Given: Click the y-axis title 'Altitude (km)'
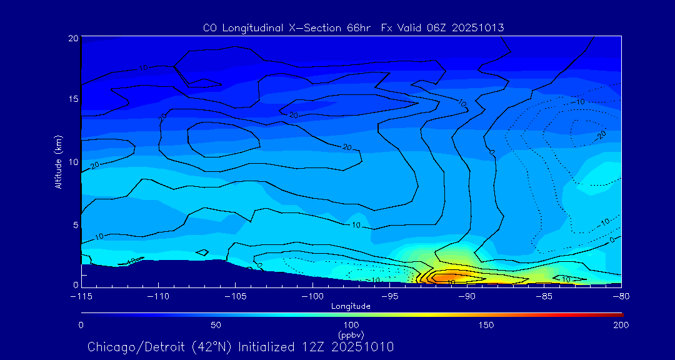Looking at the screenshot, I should point(58,161).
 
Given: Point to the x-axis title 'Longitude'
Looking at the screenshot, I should point(351,306).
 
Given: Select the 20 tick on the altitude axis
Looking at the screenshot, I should point(73,38).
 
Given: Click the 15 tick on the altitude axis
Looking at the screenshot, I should point(73,100).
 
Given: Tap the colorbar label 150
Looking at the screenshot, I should point(486,325).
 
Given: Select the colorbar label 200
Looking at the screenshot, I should point(621,325).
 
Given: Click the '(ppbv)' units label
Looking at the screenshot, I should point(351,334).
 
